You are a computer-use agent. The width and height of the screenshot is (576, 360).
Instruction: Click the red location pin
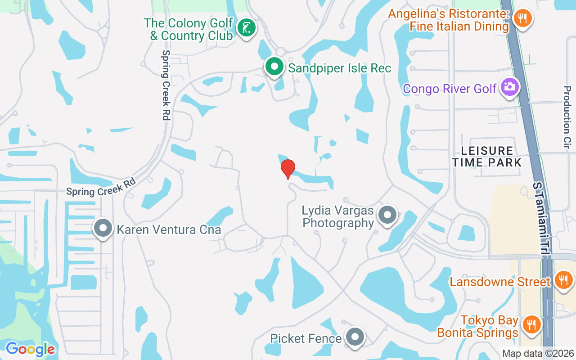pos(288,169)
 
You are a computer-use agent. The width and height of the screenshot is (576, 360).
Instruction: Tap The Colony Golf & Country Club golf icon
pos(246,28)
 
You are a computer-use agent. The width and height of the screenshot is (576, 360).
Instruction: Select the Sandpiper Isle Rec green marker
pos(274,67)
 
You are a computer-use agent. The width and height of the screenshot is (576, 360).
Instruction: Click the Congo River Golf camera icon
pos(509,87)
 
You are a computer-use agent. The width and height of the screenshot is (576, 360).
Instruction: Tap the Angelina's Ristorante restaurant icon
pos(522,18)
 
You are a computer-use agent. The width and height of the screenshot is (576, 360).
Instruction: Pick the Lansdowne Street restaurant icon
pos(562,281)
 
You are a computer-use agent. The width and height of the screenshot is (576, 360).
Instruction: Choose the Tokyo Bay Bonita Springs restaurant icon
pos(531,325)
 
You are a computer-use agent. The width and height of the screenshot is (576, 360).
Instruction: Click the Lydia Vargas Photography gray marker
pos(387,216)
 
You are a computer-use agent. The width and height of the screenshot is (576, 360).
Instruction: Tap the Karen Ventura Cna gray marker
pos(103,229)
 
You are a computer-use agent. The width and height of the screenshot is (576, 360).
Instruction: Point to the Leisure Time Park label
pos(487,156)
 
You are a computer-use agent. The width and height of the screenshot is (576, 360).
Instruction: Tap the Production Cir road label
pos(567,117)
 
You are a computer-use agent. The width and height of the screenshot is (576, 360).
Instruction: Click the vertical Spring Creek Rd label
pos(166,85)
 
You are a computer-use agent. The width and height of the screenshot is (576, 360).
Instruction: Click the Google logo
pos(30,349)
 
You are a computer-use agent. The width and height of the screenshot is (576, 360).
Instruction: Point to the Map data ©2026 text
pos(538,354)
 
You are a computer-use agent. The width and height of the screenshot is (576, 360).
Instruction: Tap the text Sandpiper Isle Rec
pos(340,68)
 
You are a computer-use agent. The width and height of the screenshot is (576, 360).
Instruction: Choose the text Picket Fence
pos(306,338)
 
